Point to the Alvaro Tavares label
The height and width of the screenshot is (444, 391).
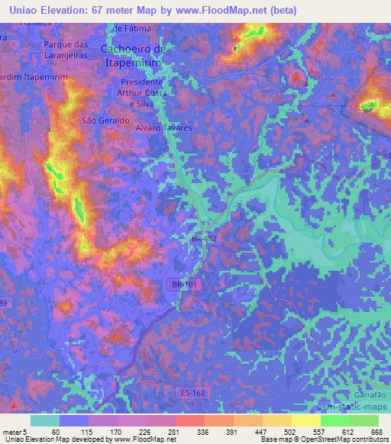tap(163, 128)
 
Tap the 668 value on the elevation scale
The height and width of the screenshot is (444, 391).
tap(375, 431)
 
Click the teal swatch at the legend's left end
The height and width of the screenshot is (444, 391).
tap(45, 420)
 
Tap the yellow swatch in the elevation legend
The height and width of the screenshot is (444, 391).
tap(306, 420)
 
